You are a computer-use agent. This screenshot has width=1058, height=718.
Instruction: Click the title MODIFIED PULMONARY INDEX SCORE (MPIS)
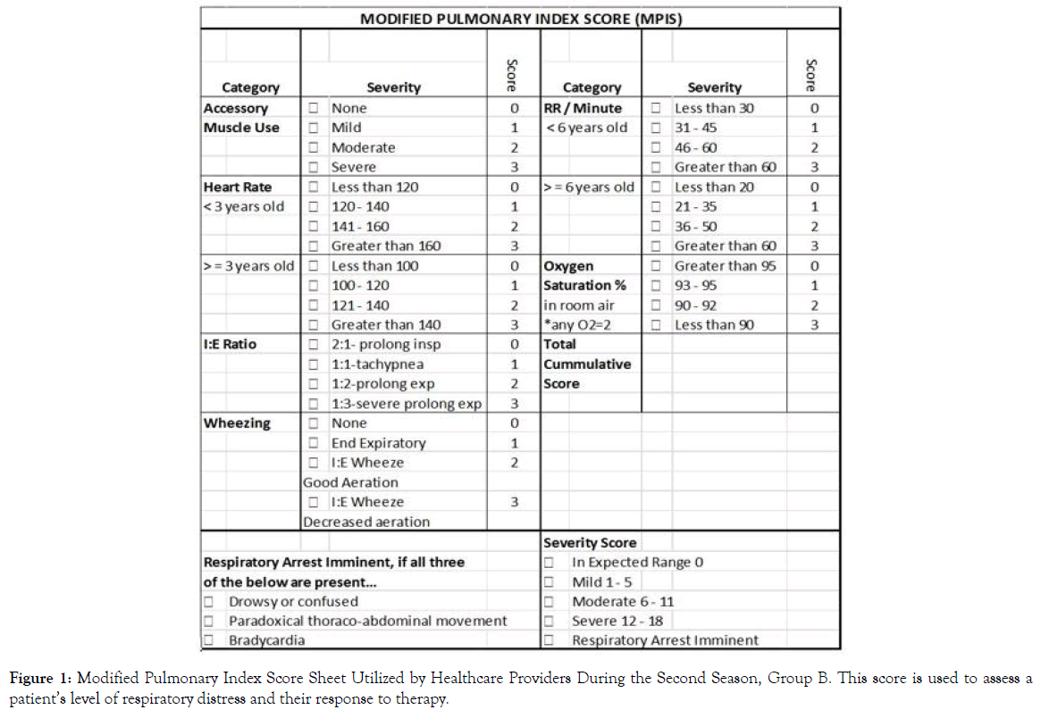click(x=520, y=18)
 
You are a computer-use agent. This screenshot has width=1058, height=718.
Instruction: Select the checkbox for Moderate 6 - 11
click(x=550, y=602)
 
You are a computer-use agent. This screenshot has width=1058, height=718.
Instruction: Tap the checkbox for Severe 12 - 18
click(x=550, y=621)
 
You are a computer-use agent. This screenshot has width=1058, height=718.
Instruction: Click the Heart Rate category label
click(x=238, y=188)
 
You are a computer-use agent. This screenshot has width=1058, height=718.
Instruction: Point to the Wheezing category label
click(x=237, y=423)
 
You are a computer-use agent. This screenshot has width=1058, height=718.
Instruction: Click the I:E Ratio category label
click(x=230, y=345)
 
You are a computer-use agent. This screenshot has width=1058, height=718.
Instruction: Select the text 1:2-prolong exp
click(x=382, y=384)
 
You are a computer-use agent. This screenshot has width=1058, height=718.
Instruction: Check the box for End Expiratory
click(x=314, y=443)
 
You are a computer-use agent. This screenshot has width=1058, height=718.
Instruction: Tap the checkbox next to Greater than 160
click(x=314, y=246)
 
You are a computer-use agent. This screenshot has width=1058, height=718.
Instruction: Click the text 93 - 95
click(x=695, y=286)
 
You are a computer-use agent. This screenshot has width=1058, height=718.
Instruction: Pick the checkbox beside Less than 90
click(x=657, y=325)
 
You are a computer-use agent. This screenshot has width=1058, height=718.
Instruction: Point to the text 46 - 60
click(x=695, y=148)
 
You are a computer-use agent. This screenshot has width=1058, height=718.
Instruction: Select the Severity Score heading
click(x=590, y=543)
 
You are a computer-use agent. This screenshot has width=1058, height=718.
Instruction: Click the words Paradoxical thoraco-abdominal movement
click(x=367, y=621)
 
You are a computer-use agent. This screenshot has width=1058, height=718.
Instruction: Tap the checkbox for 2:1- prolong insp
click(x=314, y=345)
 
